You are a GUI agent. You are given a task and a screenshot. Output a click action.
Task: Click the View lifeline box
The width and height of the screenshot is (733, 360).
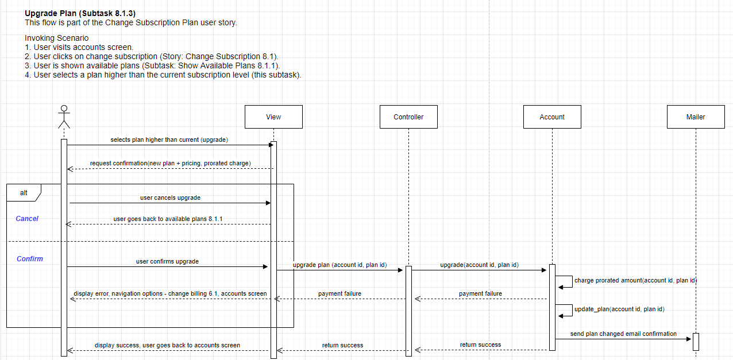point(273,117)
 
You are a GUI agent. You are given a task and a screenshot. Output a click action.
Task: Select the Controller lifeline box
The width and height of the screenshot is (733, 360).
point(408,117)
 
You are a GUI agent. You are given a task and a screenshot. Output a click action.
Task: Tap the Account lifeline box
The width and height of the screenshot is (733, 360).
point(552,117)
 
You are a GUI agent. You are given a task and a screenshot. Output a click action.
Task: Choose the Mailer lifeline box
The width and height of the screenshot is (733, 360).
point(696,117)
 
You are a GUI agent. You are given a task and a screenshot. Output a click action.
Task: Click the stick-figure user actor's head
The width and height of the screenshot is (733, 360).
point(64,108)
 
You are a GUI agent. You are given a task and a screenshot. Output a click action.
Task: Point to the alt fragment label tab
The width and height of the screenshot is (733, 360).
point(23,193)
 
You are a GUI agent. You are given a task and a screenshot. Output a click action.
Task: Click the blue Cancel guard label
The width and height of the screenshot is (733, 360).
point(27,219)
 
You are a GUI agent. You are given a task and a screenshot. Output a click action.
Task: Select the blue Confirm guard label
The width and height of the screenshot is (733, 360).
point(30,259)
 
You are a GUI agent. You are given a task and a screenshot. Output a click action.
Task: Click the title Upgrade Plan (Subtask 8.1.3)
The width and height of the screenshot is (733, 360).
point(80,13)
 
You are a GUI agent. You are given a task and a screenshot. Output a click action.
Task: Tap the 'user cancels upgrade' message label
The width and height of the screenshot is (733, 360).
point(170,198)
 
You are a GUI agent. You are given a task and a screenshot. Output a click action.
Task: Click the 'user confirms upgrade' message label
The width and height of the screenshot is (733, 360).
point(167,261)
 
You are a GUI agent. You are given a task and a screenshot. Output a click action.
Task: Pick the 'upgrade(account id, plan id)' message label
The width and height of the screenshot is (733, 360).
point(479,265)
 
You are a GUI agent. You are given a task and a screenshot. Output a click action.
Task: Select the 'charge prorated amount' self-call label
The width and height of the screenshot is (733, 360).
point(635,280)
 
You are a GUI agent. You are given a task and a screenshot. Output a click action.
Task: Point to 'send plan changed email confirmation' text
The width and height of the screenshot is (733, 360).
point(623,334)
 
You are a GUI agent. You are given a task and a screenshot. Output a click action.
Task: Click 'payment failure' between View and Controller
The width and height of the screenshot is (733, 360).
point(340,293)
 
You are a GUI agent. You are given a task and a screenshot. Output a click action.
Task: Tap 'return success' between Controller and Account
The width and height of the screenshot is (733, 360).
point(480,344)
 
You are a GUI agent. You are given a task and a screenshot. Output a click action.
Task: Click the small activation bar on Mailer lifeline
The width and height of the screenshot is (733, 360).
point(696,342)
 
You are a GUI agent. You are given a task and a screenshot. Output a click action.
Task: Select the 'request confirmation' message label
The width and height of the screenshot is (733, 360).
point(170,163)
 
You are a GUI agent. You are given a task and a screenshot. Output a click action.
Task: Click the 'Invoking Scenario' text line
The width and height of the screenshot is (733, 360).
point(57,38)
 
